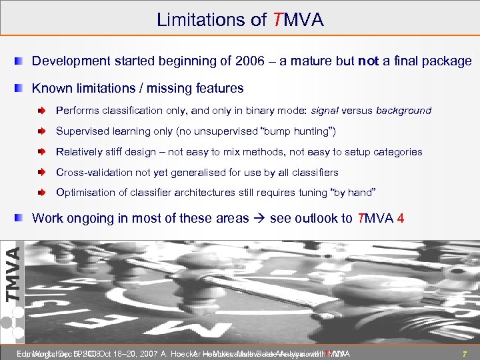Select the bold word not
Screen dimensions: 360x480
(368, 61)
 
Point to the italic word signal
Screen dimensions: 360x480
(320, 111)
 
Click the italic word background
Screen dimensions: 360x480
(404, 111)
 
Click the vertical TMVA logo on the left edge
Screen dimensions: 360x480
(11, 274)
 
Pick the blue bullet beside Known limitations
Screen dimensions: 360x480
(21, 88)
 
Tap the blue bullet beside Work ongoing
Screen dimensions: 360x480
(21, 217)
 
